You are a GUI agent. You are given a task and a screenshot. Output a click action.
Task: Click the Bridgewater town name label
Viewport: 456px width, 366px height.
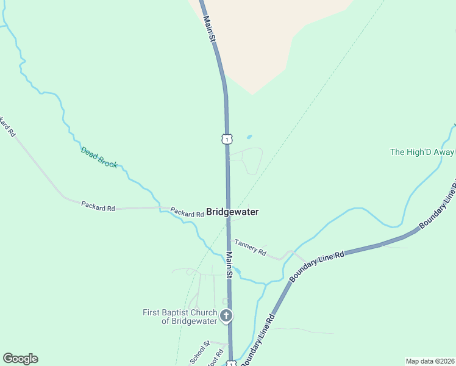[x=232, y=212]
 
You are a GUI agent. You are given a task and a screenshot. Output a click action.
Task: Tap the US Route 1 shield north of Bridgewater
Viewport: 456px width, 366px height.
[x=227, y=139]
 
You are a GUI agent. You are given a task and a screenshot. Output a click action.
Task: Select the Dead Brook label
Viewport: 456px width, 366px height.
[x=99, y=157]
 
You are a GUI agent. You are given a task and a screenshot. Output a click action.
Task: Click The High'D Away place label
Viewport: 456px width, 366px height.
[x=422, y=152]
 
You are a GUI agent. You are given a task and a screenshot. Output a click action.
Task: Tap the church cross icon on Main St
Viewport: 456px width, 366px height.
[x=226, y=315]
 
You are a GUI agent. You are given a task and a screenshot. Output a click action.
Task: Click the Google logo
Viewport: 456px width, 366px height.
[x=20, y=359]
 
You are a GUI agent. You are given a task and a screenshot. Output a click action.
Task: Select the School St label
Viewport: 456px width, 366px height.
[x=199, y=353]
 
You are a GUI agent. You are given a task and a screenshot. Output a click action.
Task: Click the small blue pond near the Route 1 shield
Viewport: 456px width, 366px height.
[x=249, y=137]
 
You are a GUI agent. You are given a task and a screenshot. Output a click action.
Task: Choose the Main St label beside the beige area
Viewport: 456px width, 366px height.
[x=209, y=29]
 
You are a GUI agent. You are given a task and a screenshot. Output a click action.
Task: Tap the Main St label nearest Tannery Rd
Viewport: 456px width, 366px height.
[x=229, y=265]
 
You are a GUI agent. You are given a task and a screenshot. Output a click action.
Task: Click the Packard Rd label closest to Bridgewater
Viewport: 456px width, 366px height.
[x=187, y=213]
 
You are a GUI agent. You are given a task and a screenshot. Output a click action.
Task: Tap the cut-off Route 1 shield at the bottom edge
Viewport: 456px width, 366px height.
[x=232, y=364]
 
